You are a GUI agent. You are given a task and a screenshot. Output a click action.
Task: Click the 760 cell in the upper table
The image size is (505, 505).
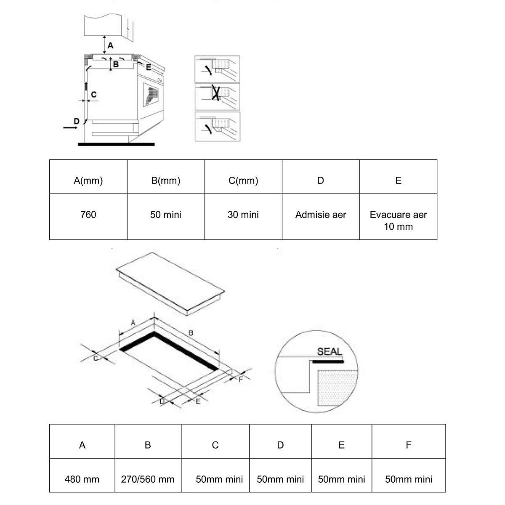coord(88,215)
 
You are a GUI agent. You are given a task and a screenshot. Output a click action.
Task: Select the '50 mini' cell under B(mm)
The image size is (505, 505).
coord(166,215)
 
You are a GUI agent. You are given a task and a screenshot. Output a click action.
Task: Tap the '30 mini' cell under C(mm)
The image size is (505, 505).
coord(243,215)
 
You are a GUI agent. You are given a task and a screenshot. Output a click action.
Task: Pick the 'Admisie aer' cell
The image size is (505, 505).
coord(321,215)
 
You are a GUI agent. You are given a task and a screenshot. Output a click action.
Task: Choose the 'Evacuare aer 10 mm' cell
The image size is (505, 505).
coord(398,221)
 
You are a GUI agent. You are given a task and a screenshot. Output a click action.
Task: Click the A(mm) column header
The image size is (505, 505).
coord(88,181)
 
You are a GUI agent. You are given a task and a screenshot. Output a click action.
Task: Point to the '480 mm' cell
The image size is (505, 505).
coord(82,479)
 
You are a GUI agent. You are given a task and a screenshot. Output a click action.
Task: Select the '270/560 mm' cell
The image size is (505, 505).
coord(148,479)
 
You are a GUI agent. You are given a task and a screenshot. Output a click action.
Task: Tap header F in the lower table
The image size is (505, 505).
coord(408,445)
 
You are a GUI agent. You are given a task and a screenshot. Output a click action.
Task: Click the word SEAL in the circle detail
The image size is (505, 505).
coord(330,352)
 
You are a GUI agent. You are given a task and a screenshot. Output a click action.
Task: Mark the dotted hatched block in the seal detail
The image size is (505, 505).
coord(337,387)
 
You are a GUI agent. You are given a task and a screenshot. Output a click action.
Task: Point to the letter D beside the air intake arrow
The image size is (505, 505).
coord(76,121)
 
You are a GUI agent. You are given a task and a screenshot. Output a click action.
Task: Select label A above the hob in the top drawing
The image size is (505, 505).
coord(110,45)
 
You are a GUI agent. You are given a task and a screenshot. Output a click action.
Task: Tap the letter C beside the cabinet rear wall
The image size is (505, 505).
coord(93,95)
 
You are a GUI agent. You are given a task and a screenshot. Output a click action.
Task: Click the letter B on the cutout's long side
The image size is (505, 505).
coord(191,333)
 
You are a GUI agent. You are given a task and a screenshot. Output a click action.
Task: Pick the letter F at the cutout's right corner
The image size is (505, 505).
coord(241,380)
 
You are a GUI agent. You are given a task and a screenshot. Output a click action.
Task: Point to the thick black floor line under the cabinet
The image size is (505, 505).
coord(116,144)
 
